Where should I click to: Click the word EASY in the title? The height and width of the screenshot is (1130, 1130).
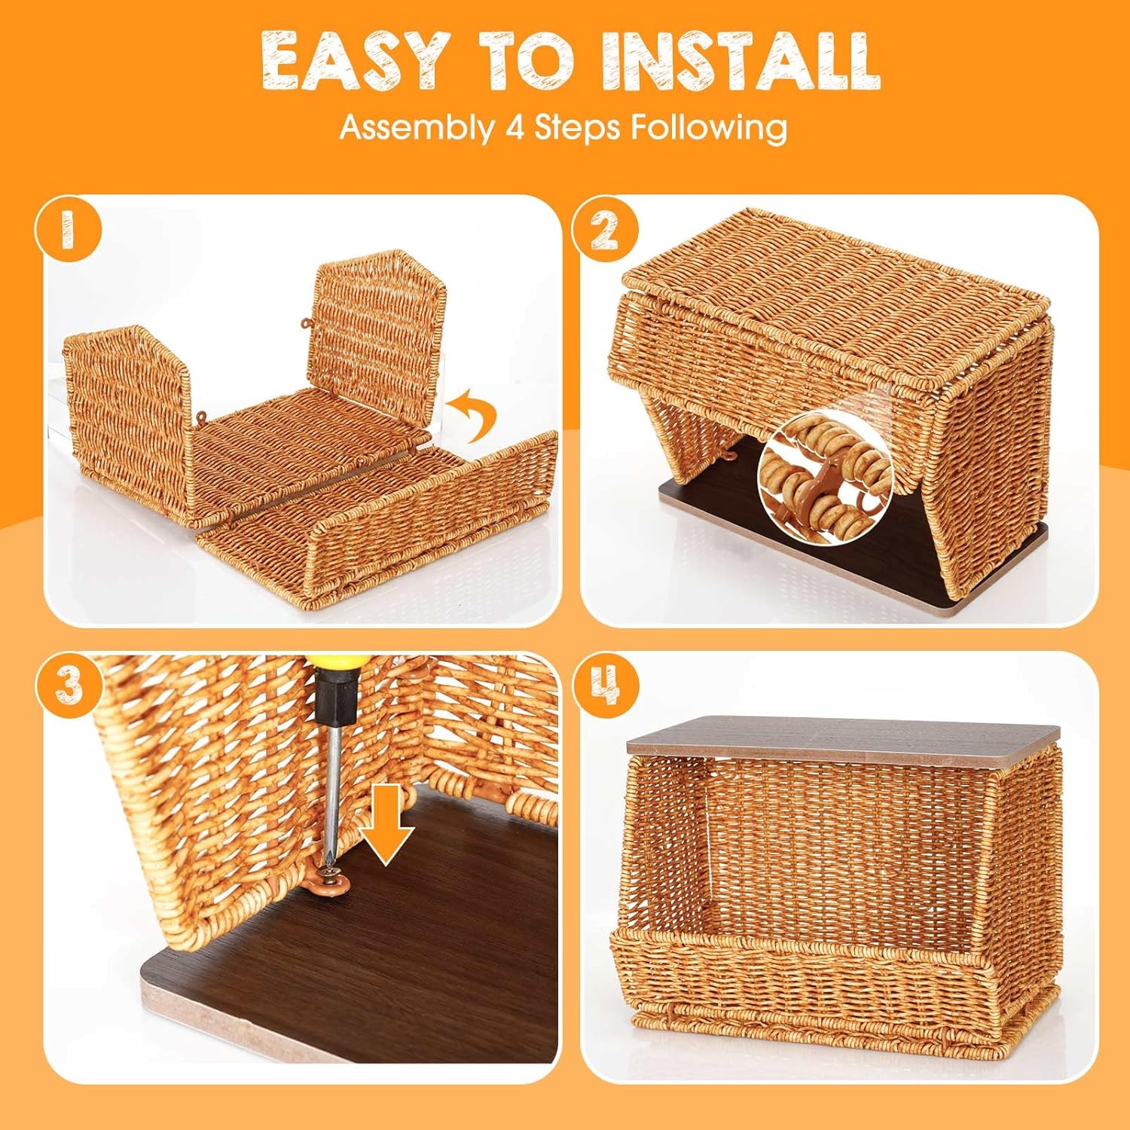(x=355, y=62)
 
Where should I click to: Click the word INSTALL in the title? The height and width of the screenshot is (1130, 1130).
(x=741, y=62)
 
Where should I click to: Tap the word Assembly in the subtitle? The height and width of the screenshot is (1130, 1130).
(x=414, y=127)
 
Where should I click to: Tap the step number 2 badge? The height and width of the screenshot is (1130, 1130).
(x=604, y=229)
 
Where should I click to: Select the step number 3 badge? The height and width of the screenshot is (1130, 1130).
(x=69, y=685)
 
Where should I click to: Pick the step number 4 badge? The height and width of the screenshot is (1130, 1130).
(x=604, y=685)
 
